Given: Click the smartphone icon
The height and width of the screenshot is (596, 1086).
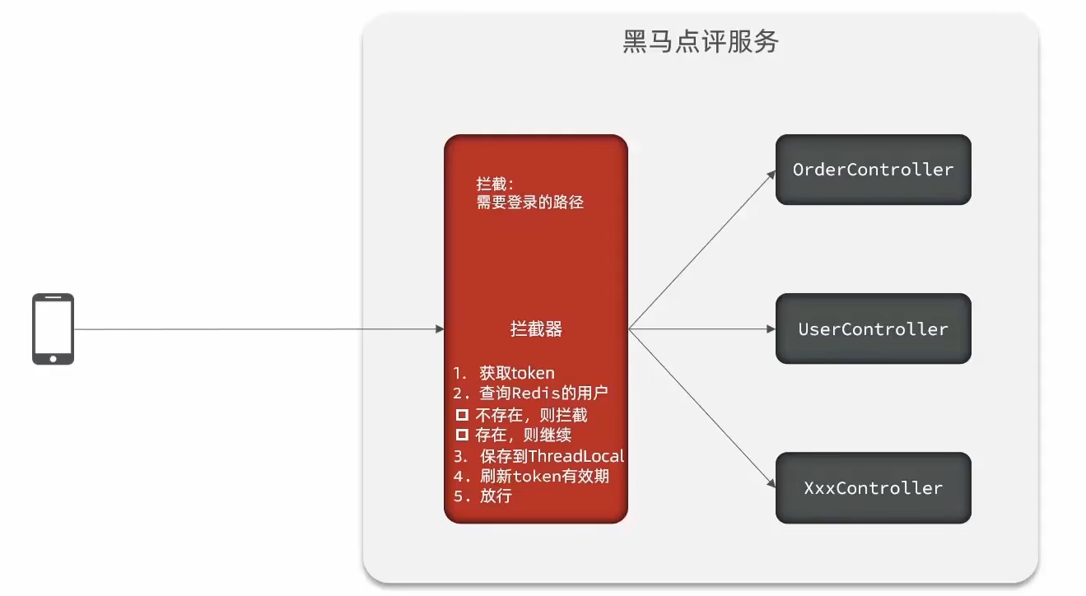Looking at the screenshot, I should click(53, 328).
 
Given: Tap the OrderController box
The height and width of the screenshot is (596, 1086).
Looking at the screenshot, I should click(873, 170).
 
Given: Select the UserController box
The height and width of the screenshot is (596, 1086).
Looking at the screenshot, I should click(873, 328).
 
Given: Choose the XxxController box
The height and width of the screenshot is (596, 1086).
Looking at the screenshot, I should click(873, 487).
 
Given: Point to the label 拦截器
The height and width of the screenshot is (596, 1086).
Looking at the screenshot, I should click(536, 329).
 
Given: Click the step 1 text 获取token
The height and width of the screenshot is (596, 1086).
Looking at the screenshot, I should click(516, 373).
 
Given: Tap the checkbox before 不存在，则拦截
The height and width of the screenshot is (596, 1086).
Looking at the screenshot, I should click(462, 415).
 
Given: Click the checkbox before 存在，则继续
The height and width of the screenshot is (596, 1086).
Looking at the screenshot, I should click(462, 435).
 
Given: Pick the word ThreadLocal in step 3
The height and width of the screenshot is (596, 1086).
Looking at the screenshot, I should click(576, 455).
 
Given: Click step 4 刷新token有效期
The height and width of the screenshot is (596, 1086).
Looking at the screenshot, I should click(543, 476).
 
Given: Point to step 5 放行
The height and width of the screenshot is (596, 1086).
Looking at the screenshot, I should click(495, 496).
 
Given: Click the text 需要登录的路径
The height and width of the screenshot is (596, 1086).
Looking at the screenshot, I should click(529, 202).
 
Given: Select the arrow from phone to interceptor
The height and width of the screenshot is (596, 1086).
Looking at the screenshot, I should click(255, 329).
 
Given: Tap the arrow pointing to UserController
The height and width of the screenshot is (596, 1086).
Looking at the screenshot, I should click(700, 329).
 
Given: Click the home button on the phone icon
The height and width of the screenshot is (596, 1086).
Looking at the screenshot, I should click(53, 357).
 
